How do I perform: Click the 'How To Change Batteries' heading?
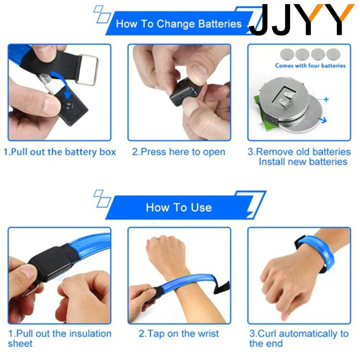click(x=179, y=24)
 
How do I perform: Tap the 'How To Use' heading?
click(x=179, y=207)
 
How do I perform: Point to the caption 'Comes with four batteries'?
click(x=310, y=66)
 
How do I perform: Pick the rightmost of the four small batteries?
click(x=333, y=54)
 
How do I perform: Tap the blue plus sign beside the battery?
click(x=326, y=99)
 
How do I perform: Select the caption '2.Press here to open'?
click(x=179, y=152)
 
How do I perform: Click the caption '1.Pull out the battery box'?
click(x=60, y=152)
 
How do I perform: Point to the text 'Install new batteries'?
click(x=303, y=162)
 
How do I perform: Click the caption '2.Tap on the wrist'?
click(x=179, y=334)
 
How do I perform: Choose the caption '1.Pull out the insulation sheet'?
click(x=60, y=338)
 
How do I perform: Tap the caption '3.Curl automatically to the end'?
click(x=299, y=338)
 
